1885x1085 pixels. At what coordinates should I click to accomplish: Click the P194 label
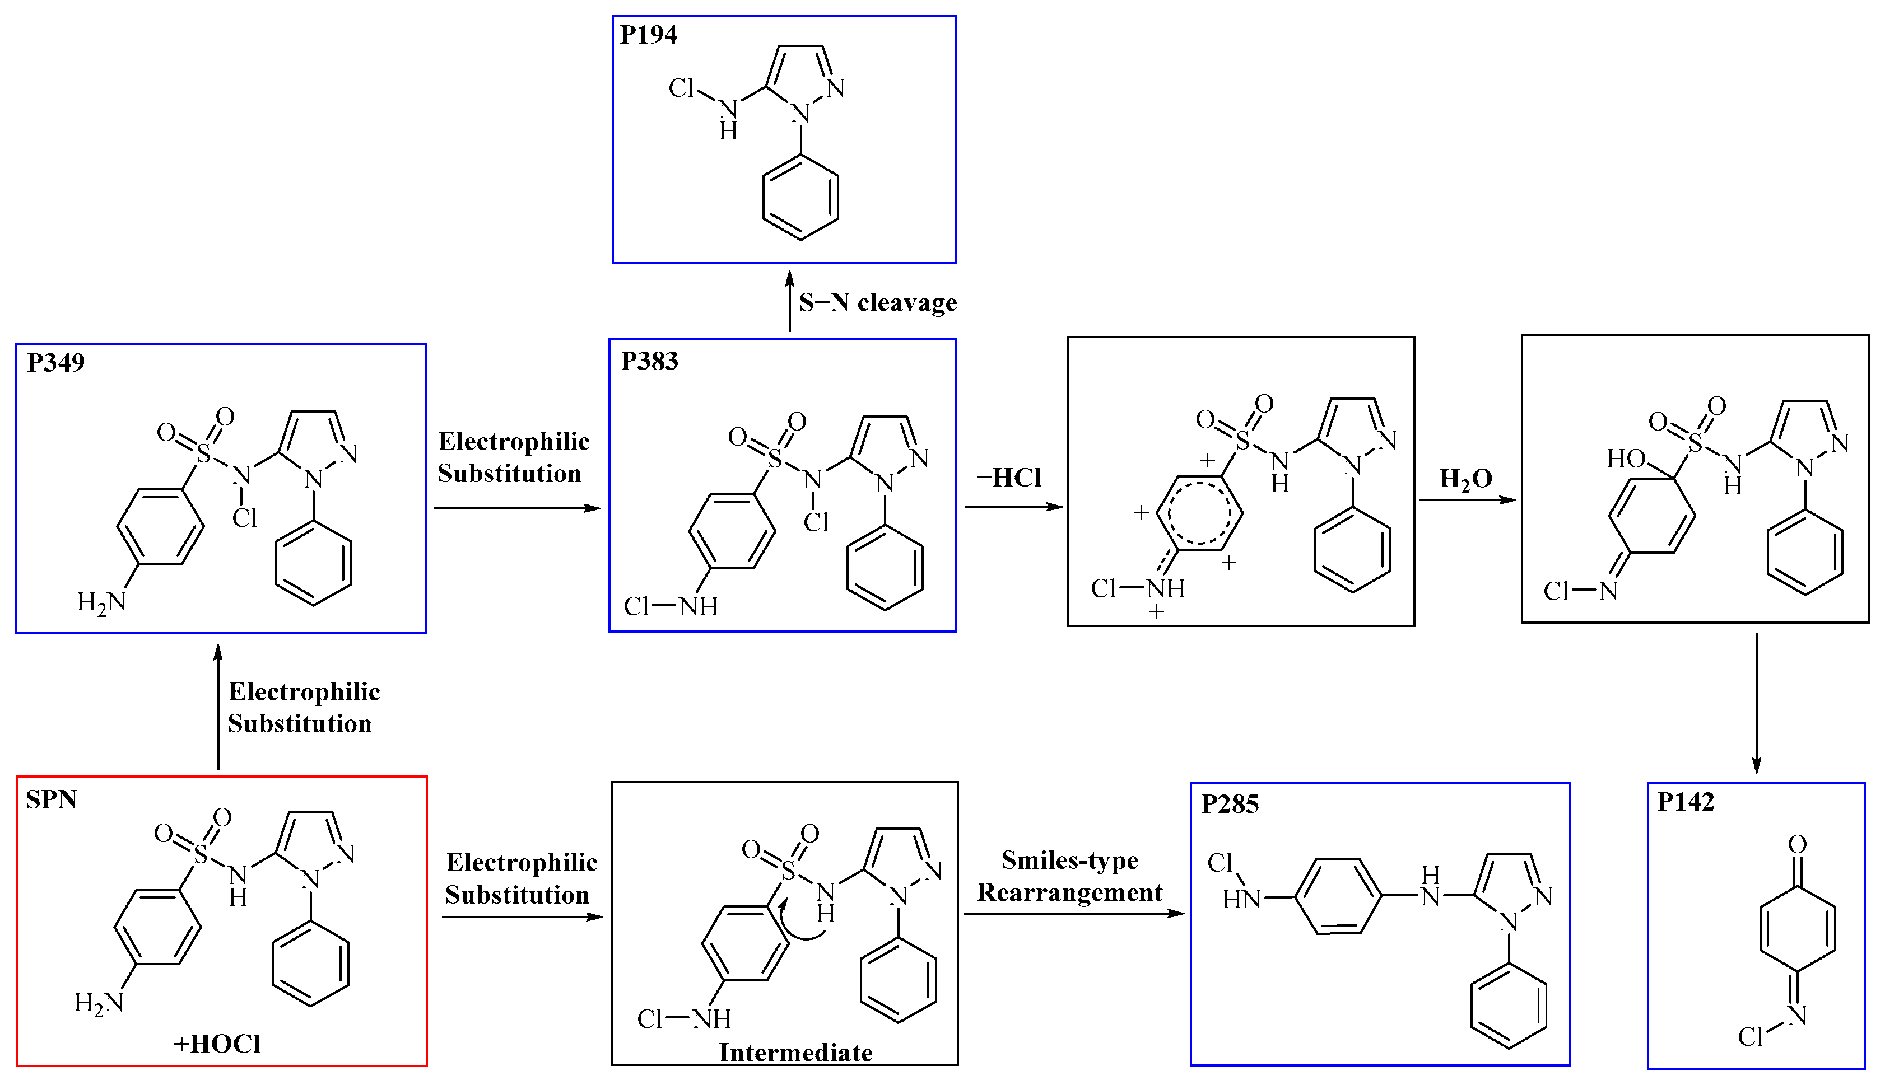coord(648,35)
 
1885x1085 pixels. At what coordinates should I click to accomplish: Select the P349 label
coord(56,363)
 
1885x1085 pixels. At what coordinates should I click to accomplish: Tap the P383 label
coord(649,362)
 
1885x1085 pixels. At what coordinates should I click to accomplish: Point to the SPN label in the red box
coord(52,799)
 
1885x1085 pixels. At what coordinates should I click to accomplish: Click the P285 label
coord(1230,804)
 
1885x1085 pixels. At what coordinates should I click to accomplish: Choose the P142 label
coord(1685,802)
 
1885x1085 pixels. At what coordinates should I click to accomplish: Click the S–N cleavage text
coord(878,302)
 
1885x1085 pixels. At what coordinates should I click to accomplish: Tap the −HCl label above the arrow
coord(1008,478)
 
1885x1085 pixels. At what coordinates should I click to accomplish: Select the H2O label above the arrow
coord(1465,479)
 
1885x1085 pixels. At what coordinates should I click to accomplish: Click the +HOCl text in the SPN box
coord(217,1043)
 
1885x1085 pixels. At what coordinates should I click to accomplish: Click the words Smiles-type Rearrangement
coord(1069,876)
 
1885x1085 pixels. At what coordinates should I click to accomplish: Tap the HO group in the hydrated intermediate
coord(1626,459)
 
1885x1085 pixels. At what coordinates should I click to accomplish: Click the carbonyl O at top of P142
coord(1797,844)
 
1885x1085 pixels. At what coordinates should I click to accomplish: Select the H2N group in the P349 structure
coord(101,602)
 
